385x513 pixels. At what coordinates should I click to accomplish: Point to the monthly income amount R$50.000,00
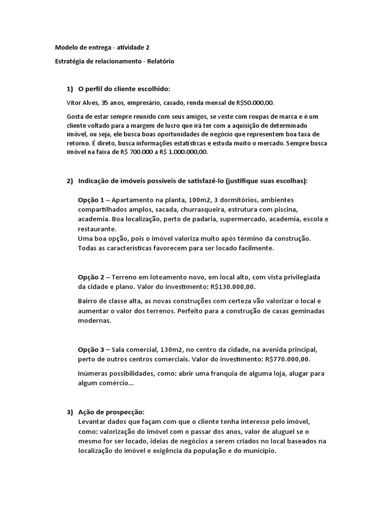(x=255, y=103)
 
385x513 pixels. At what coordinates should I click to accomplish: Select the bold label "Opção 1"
(x=91, y=199)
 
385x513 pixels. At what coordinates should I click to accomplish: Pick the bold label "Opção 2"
(x=91, y=277)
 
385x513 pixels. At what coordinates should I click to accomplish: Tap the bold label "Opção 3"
(x=91, y=349)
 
